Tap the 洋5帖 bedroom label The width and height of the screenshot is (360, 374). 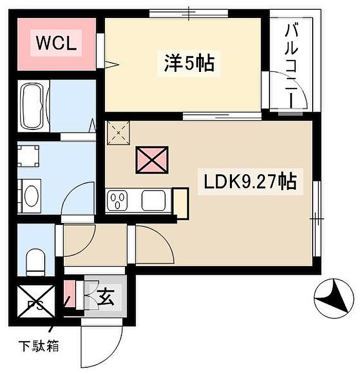click(x=189, y=64)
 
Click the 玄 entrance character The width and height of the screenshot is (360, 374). click(x=106, y=297)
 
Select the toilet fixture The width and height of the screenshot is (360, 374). click(x=36, y=261)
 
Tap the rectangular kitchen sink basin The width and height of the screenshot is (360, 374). click(x=153, y=200)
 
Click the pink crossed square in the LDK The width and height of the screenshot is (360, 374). click(x=152, y=160)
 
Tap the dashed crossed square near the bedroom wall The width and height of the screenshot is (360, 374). click(x=119, y=133)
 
